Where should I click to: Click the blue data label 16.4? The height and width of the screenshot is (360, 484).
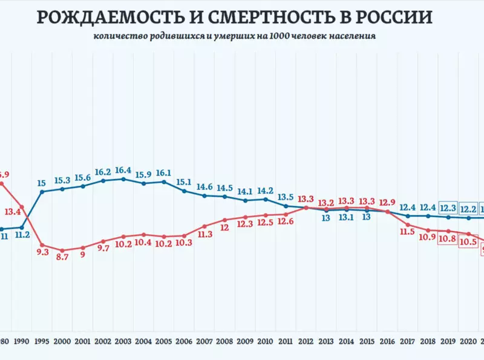pos(123,171)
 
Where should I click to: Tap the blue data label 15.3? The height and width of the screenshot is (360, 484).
pos(62,180)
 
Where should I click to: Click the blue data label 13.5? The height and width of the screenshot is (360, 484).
pos(286,197)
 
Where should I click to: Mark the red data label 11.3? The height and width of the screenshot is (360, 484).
pos(204,235)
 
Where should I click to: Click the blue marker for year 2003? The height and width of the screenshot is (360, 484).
pos(123,179)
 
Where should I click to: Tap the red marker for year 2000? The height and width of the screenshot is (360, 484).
pos(62,250)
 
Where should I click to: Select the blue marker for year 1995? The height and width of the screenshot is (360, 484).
pos(42,192)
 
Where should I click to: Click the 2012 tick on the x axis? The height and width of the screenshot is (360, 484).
pos(306,340)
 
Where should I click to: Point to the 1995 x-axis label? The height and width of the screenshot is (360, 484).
pos(42,340)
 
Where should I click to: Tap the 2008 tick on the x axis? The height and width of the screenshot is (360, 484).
pos(224,340)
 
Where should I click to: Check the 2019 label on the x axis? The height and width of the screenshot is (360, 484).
pos(448,340)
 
